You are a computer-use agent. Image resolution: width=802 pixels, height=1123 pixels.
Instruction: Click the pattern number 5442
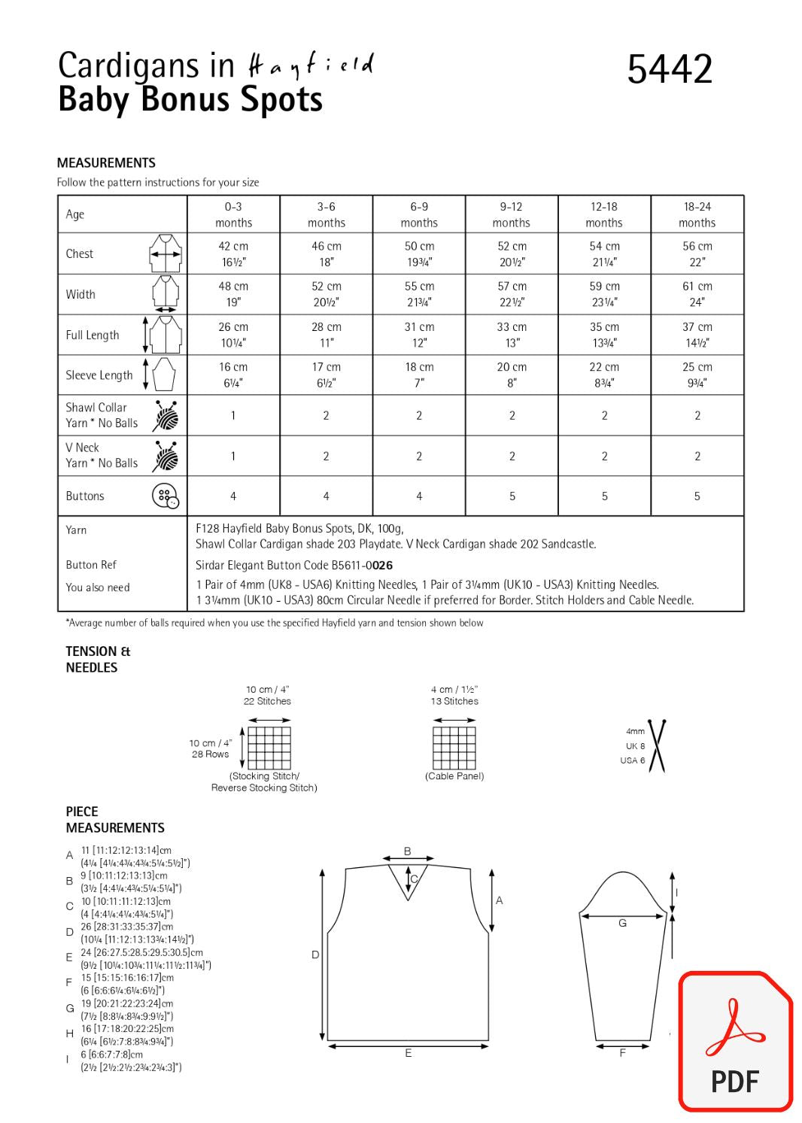tap(669, 69)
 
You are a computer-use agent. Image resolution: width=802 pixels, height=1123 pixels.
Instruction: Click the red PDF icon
tap(735, 1042)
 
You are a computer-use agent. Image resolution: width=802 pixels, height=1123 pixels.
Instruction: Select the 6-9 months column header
tap(419, 214)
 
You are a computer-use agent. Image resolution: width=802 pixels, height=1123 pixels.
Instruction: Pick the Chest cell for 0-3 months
tap(233, 253)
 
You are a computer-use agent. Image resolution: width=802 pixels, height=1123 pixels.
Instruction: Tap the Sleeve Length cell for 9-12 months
tap(512, 375)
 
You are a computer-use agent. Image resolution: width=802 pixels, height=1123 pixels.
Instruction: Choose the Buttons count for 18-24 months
tap(697, 496)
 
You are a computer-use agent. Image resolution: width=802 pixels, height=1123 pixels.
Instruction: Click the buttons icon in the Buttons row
tap(166, 496)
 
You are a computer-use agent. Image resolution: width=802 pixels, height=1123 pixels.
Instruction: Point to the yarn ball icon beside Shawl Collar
tap(166, 415)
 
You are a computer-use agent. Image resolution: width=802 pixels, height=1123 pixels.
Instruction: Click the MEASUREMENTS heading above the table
tap(106, 163)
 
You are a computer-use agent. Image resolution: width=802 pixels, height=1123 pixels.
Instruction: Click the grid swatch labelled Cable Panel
tap(454, 748)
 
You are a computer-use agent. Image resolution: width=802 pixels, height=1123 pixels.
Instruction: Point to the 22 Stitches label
tap(267, 701)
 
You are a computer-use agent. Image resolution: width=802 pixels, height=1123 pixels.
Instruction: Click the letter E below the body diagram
tap(409, 1053)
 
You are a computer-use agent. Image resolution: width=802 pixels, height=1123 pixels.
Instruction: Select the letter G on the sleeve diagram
tap(622, 923)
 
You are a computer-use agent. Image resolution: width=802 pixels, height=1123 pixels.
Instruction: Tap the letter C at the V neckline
tap(414, 879)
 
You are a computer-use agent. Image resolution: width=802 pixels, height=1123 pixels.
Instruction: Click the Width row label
tap(81, 295)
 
